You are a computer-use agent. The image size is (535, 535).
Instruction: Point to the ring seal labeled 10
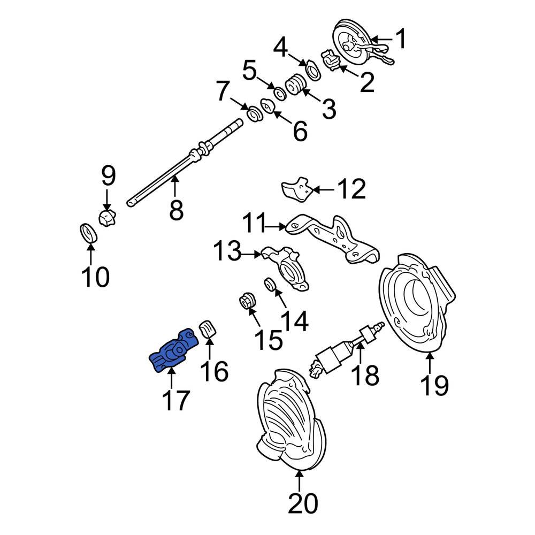coord(88,233)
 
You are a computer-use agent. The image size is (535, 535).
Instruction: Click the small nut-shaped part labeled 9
coord(108,218)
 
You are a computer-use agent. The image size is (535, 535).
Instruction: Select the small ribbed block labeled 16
coord(207,328)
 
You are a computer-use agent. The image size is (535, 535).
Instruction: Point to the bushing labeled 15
coord(248,302)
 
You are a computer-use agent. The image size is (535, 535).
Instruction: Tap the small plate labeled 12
coord(296,189)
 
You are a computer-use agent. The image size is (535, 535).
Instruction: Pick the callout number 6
coord(300,131)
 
